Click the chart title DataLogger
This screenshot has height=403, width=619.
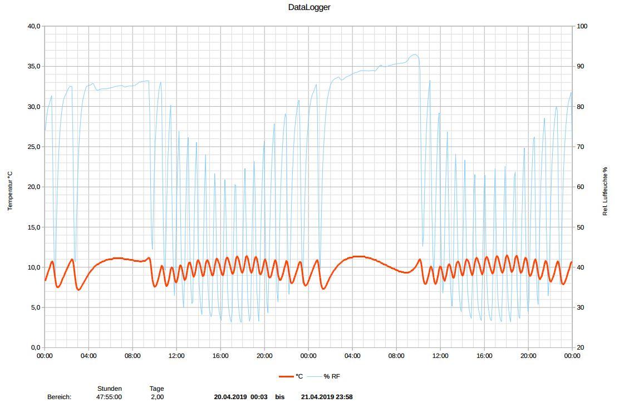point(309,8)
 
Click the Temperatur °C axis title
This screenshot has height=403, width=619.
point(10,191)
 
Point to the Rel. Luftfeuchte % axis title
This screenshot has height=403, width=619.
point(605,191)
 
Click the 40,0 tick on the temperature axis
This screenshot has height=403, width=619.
point(34,26)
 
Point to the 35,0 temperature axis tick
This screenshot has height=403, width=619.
point(34,66)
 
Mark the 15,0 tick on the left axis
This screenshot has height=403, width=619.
point(34,227)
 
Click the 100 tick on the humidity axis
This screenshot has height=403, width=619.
point(582,26)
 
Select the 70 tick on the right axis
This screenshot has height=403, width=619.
point(580,147)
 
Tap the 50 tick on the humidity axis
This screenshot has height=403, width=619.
point(580,227)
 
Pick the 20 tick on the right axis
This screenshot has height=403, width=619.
point(580,347)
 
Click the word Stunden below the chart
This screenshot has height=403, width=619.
point(110,389)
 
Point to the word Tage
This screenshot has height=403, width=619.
point(156,389)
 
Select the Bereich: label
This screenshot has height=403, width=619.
point(60,397)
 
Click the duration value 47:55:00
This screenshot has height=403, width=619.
point(109,397)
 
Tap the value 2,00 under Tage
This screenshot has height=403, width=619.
point(157,397)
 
